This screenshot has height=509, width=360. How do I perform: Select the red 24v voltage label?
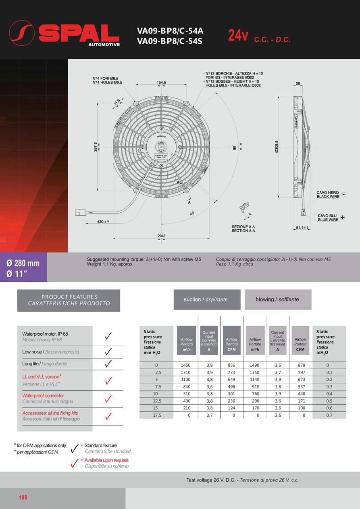pos(238,35)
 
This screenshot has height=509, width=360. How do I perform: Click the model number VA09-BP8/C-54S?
pos(170,40)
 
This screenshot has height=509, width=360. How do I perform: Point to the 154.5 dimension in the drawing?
pos(161,82)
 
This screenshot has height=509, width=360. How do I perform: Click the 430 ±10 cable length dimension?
pos(103,222)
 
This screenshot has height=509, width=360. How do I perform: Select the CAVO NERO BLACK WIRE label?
pos(327,195)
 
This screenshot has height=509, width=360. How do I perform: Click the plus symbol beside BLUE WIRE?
pos(343,218)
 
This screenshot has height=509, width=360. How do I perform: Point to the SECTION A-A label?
pos(243,231)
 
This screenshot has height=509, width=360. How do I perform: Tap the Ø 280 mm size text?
pos(23,263)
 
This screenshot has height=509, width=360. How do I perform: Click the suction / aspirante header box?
pos(206,299)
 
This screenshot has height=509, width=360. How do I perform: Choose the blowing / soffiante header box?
pos(278,299)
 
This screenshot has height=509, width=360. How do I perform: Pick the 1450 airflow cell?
pos(186,365)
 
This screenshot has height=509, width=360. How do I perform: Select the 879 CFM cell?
pos(300,365)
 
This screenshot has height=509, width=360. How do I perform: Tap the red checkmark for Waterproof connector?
pos(108,399)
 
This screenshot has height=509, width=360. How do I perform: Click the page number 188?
pos(23,498)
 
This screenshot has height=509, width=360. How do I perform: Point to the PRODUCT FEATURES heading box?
pos(69,300)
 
